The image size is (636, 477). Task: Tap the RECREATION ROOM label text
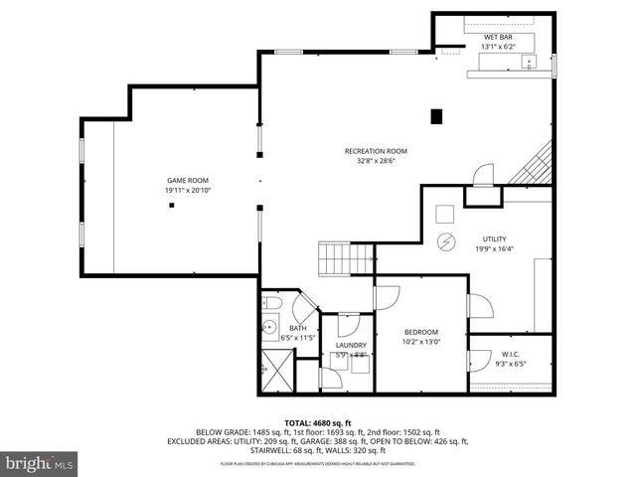click(x=376, y=151)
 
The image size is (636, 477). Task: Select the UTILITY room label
click(x=494, y=239)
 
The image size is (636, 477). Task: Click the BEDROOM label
click(x=420, y=332)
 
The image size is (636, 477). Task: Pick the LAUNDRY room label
click(x=351, y=345)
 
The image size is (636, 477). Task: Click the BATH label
click(x=298, y=329)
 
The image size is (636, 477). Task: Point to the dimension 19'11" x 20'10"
click(x=188, y=190)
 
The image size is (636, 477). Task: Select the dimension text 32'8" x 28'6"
click(x=376, y=161)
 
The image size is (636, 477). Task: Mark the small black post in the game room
click(x=172, y=205)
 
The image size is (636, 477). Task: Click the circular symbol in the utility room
click(x=445, y=240)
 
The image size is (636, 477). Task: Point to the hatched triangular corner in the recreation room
click(x=537, y=166)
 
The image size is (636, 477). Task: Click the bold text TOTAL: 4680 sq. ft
click(x=317, y=423)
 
